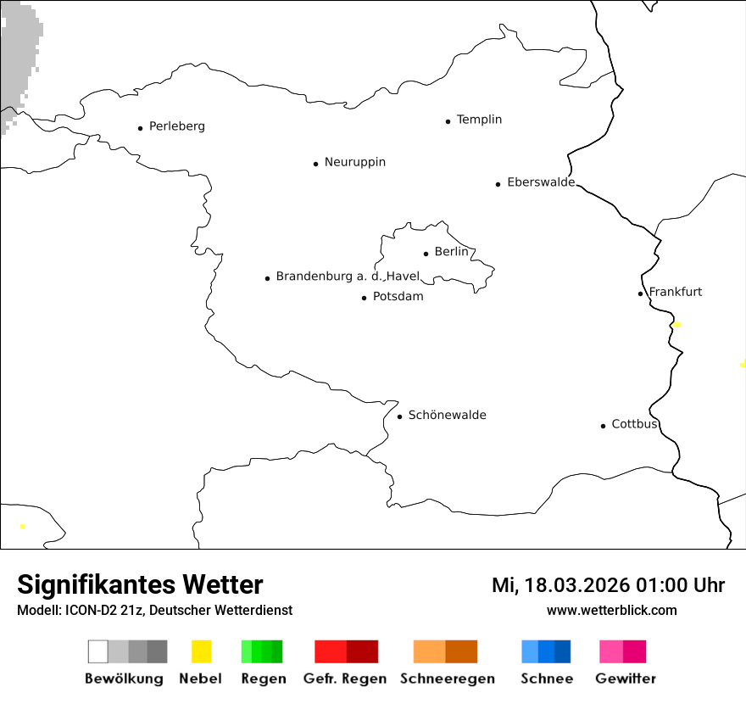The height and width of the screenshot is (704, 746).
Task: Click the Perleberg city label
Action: (176, 126)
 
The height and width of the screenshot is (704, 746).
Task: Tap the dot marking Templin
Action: (448, 121)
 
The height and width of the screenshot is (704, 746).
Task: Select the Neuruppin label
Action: (354, 162)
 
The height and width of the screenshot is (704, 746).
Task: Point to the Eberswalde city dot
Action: (498, 184)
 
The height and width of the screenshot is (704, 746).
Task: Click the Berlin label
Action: (451, 252)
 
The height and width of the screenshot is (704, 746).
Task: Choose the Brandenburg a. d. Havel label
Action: (348, 277)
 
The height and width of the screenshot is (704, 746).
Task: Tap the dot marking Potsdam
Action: (364, 298)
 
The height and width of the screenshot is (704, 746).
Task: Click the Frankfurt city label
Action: (675, 292)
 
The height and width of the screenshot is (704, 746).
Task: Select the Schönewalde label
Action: (447, 415)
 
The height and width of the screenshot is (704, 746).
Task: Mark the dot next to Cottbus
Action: (603, 426)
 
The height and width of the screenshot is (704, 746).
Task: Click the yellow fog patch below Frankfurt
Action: (676, 325)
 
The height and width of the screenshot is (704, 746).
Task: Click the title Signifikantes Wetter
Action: (140, 584)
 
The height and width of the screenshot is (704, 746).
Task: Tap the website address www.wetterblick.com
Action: (611, 610)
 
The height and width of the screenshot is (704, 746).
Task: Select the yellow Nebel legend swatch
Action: (201, 651)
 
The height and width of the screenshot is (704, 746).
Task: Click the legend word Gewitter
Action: (625, 679)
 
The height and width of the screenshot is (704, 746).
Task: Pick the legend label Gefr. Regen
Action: (344, 679)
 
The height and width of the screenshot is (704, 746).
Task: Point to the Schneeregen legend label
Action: (447, 679)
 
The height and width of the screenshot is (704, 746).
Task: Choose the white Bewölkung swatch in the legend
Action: (97, 651)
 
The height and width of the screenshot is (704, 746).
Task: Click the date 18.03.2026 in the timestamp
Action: (573, 585)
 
